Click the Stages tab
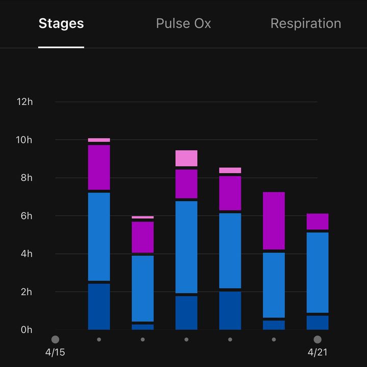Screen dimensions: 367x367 point(61,23)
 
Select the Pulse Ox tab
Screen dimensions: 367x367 point(183,23)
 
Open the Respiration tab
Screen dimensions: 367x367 point(306,24)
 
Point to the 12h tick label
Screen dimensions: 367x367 point(24,102)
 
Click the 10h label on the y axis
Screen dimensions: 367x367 point(24,140)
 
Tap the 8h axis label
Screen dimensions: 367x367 point(27,178)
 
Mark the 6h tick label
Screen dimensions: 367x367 point(27,216)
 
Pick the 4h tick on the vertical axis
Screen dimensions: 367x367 point(27,254)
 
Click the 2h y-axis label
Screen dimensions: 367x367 point(27,292)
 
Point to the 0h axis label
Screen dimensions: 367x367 point(27,330)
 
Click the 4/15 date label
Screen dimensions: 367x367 point(55,352)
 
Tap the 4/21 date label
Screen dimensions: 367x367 point(318,352)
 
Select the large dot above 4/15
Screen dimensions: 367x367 point(55,339)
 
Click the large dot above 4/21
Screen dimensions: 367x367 point(318,339)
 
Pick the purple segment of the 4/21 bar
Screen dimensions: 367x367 point(318,221)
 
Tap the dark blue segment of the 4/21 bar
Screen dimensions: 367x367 point(318,323)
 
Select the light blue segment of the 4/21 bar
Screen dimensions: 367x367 point(318,272)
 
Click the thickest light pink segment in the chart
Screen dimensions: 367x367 point(187,158)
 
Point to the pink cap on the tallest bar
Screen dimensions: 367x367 point(99,140)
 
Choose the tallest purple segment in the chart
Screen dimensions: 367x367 point(274,221)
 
